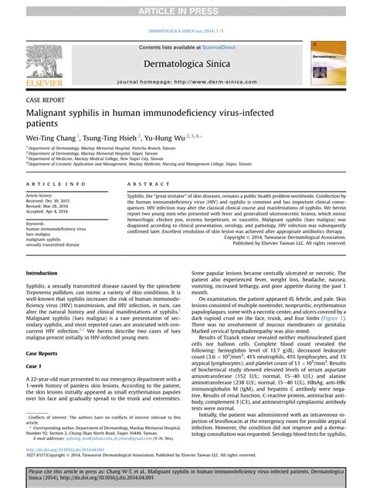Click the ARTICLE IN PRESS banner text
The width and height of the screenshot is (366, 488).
(x=183, y=10)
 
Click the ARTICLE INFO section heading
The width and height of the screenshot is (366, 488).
(x=56, y=183)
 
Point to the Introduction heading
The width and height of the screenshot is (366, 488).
(x=42, y=273)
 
